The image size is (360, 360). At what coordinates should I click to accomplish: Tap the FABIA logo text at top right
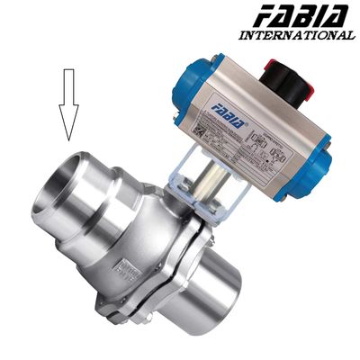(x=301, y=16)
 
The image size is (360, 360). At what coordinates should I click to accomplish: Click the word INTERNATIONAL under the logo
(x=296, y=36)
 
